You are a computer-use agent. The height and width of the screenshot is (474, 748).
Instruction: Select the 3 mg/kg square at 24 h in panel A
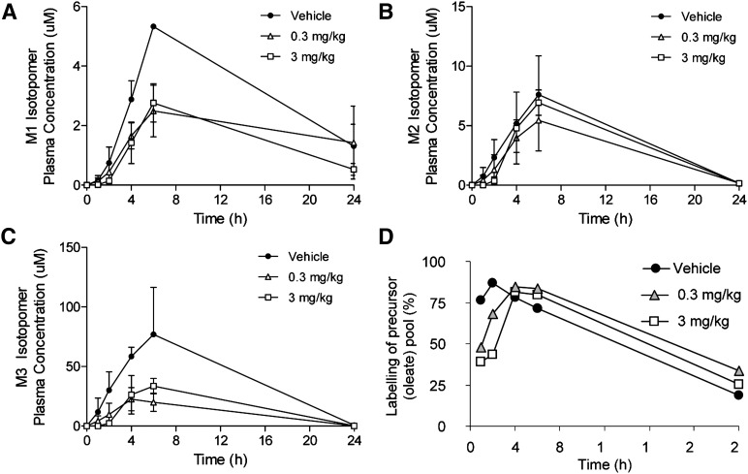click(355, 169)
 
